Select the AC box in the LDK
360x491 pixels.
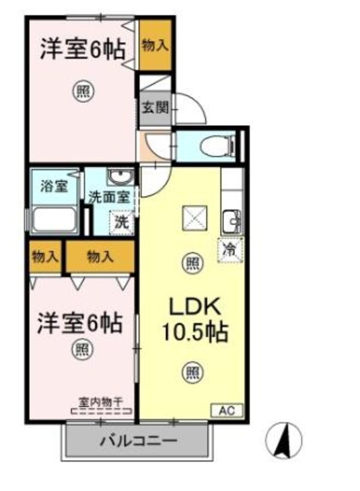pos(226,411)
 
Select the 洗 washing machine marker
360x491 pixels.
pos(121,220)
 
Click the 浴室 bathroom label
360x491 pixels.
pos(54,186)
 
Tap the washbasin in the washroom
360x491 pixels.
pos(121,178)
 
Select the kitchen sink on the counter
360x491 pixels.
pos(231,222)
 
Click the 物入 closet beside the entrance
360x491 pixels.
pos(155,45)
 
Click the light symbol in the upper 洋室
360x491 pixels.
pos(83,91)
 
